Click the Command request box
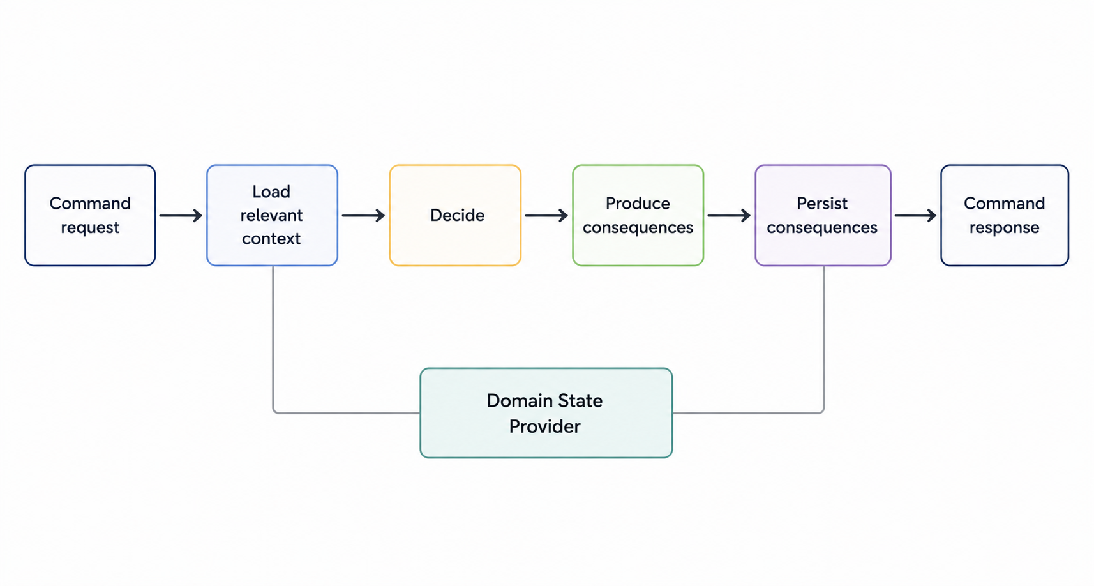click(x=91, y=215)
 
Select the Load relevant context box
click(x=272, y=215)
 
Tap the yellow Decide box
click(x=455, y=215)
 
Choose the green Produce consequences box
click(x=638, y=215)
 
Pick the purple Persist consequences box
click(x=823, y=215)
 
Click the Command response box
click(x=1005, y=215)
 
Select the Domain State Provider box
click(x=546, y=413)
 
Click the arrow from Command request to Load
click(x=181, y=215)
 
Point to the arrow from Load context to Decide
click(x=363, y=215)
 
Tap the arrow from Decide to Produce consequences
click(x=546, y=215)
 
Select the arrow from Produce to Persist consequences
click(x=729, y=215)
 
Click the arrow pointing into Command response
click(x=916, y=215)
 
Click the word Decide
click(x=457, y=215)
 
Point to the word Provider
click(x=544, y=427)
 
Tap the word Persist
click(x=822, y=203)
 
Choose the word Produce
click(x=638, y=203)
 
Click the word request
click(x=91, y=228)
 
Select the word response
click(x=1004, y=228)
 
